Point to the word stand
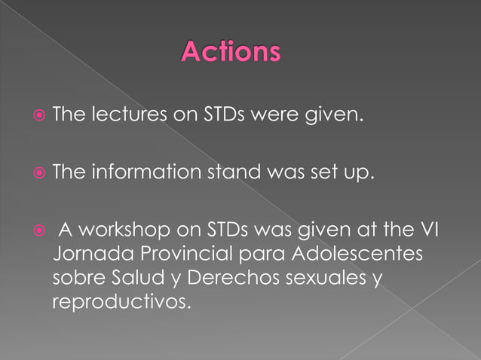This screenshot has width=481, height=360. (x=228, y=173)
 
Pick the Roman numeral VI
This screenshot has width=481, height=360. (x=427, y=228)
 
